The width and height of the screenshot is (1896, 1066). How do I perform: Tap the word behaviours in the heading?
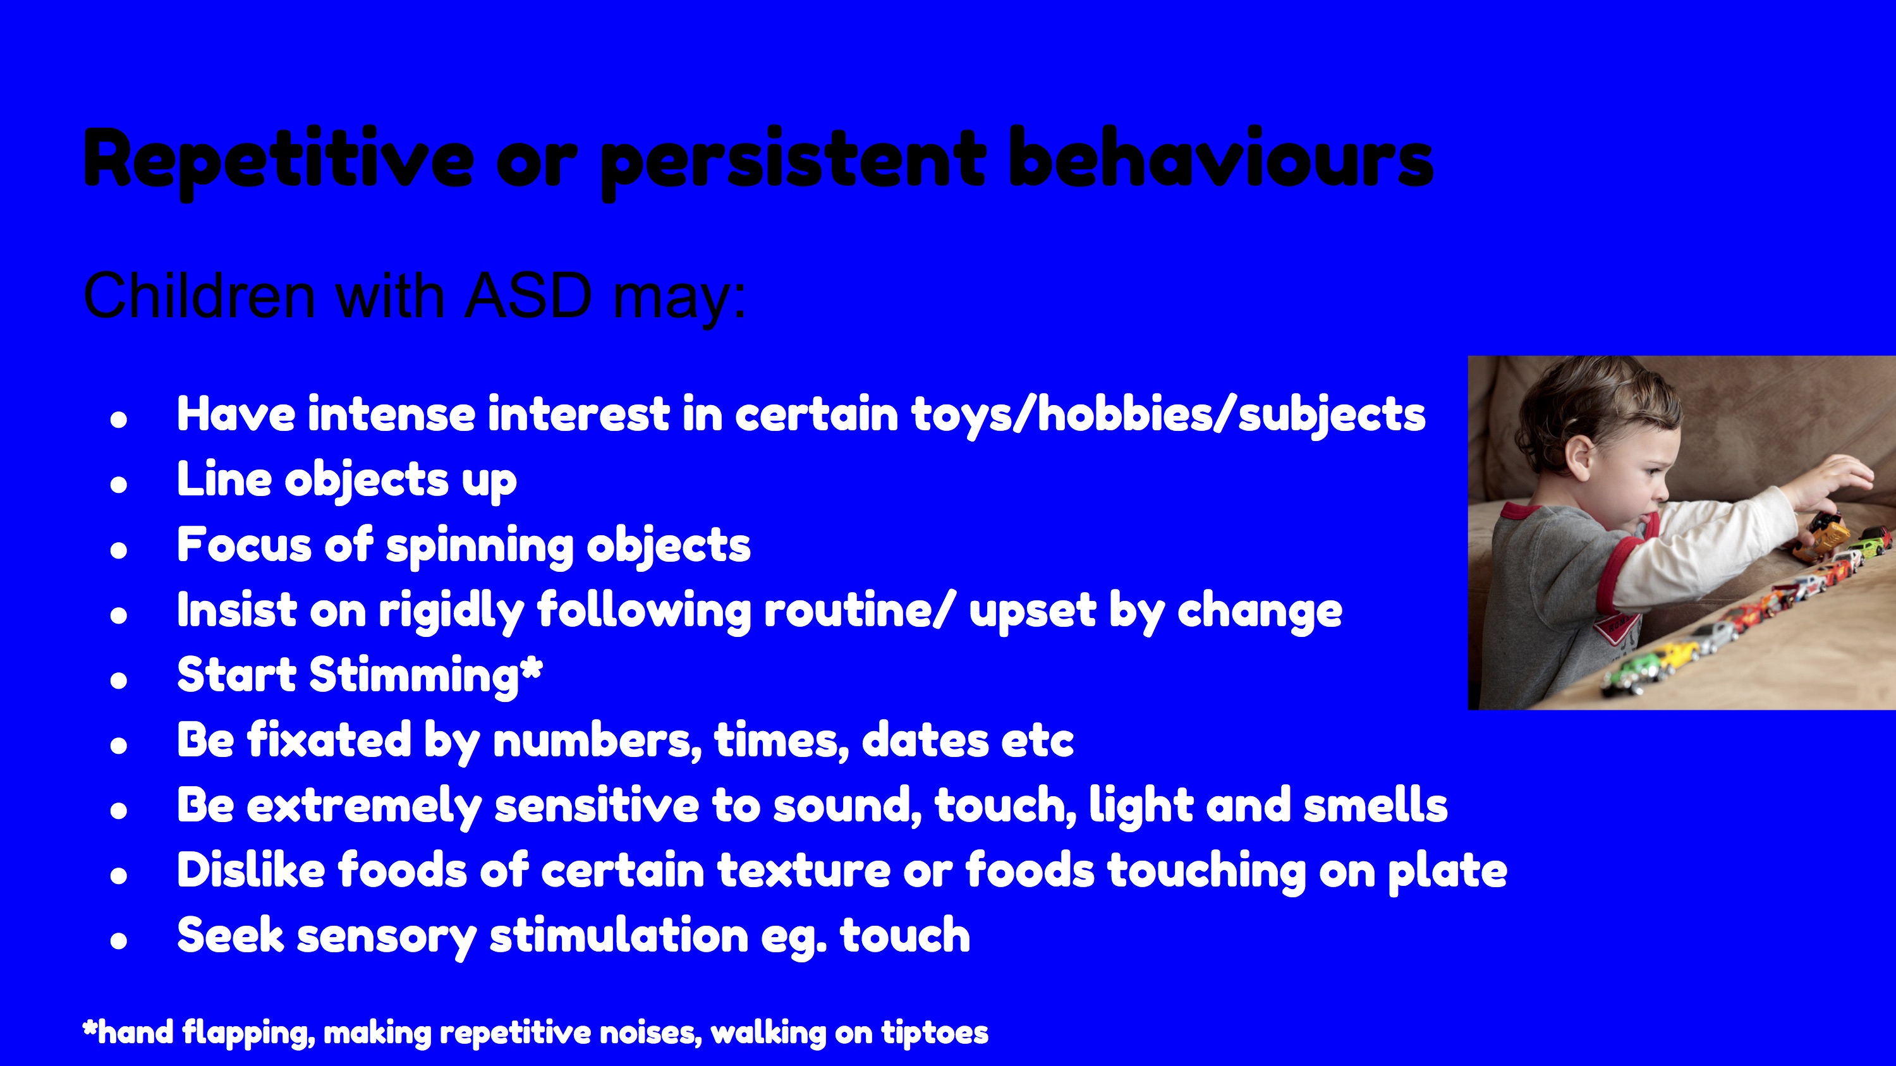(x=1220, y=156)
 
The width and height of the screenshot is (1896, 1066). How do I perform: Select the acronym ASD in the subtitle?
(x=528, y=296)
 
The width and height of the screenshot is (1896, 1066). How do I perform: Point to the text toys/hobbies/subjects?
(x=1169, y=416)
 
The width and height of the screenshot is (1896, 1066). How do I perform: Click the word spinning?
(x=479, y=547)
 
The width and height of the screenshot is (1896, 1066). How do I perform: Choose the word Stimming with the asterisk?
(x=426, y=675)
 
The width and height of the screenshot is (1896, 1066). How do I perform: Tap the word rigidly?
(x=451, y=611)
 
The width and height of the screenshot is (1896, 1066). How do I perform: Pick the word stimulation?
(x=619, y=936)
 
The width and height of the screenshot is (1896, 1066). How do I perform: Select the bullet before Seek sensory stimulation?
(x=119, y=940)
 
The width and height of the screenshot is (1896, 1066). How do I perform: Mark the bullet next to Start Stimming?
(x=119, y=681)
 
